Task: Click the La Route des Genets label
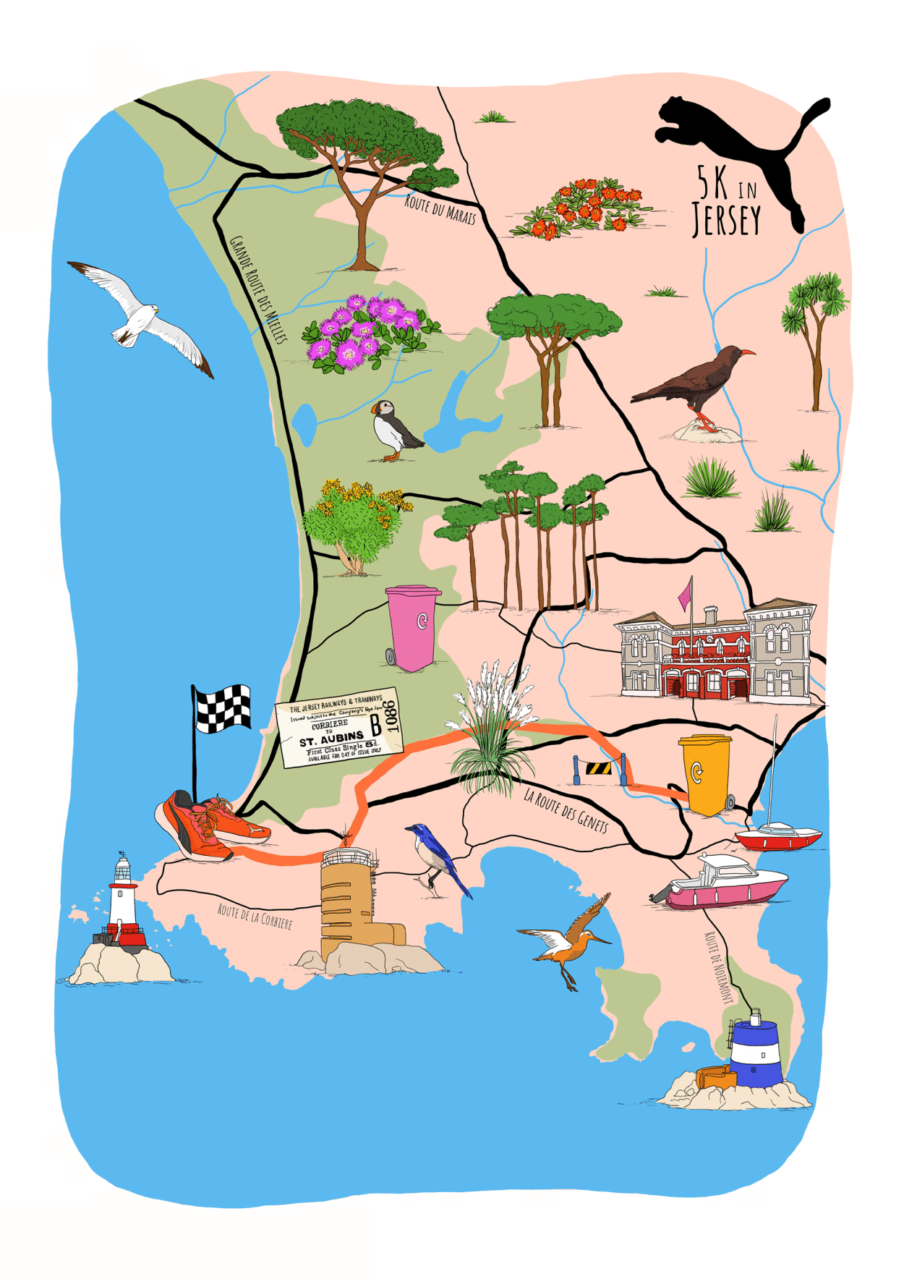coord(566,810)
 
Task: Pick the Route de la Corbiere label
coord(255,916)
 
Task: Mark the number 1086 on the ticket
coord(391,715)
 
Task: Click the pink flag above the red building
coord(685,597)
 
